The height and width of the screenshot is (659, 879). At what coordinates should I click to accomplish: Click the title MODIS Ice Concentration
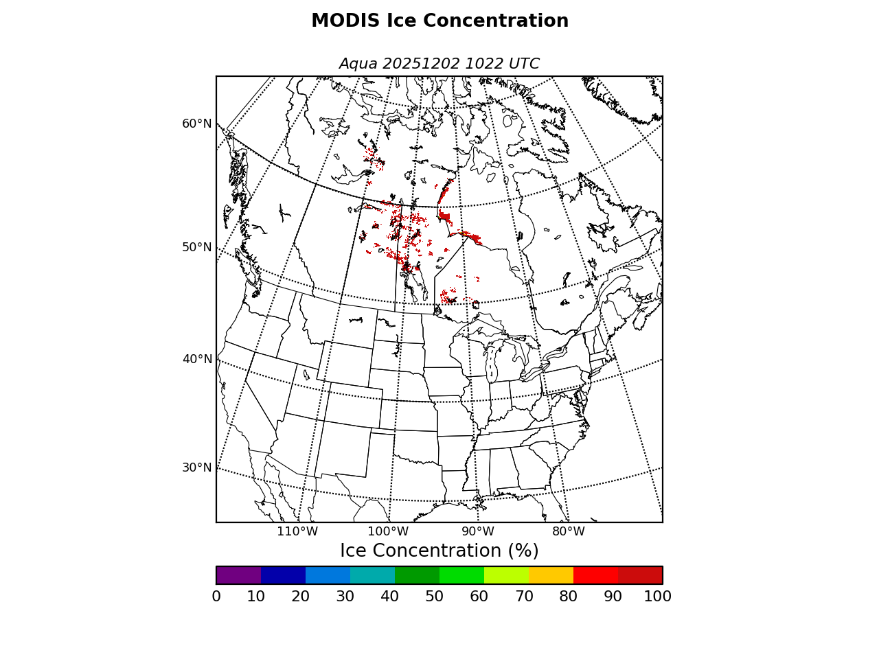pos(439,21)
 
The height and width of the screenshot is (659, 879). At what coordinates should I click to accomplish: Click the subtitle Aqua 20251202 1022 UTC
pos(439,64)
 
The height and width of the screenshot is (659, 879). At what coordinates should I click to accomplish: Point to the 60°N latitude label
pos(196,124)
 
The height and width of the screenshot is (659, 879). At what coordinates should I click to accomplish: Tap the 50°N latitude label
pos(196,247)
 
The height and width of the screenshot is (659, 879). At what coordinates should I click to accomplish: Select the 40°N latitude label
pos(196,359)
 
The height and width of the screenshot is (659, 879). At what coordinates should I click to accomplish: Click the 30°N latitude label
pos(196,467)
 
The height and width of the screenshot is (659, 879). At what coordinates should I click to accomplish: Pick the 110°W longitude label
pos(297,531)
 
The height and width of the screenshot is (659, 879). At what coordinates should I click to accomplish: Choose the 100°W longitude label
pos(388,531)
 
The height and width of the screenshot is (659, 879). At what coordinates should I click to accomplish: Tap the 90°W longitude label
pos(478,531)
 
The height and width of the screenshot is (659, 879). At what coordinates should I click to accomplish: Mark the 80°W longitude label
pos(569,531)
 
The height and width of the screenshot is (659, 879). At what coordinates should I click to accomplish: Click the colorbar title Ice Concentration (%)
pos(439,551)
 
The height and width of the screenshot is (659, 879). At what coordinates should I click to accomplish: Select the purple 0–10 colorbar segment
pos(238,575)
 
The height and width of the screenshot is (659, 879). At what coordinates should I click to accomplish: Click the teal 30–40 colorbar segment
pos(372,575)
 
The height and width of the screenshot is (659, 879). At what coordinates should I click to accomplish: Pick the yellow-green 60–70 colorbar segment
pos(506,575)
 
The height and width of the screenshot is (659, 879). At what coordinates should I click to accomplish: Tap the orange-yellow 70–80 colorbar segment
pos(551,575)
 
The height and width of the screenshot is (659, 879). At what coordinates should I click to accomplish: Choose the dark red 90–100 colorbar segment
pos(640,575)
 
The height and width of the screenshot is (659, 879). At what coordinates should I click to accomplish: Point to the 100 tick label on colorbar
pos(657,597)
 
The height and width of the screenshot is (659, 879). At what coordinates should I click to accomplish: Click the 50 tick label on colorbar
pos(434,597)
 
